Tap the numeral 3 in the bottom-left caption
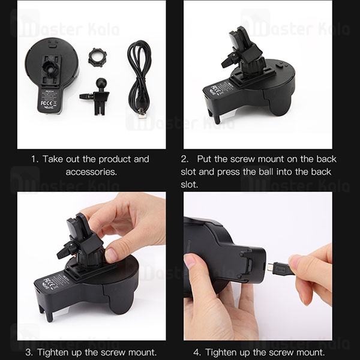29,352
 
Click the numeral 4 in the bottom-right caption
197,352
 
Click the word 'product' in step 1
112,160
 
